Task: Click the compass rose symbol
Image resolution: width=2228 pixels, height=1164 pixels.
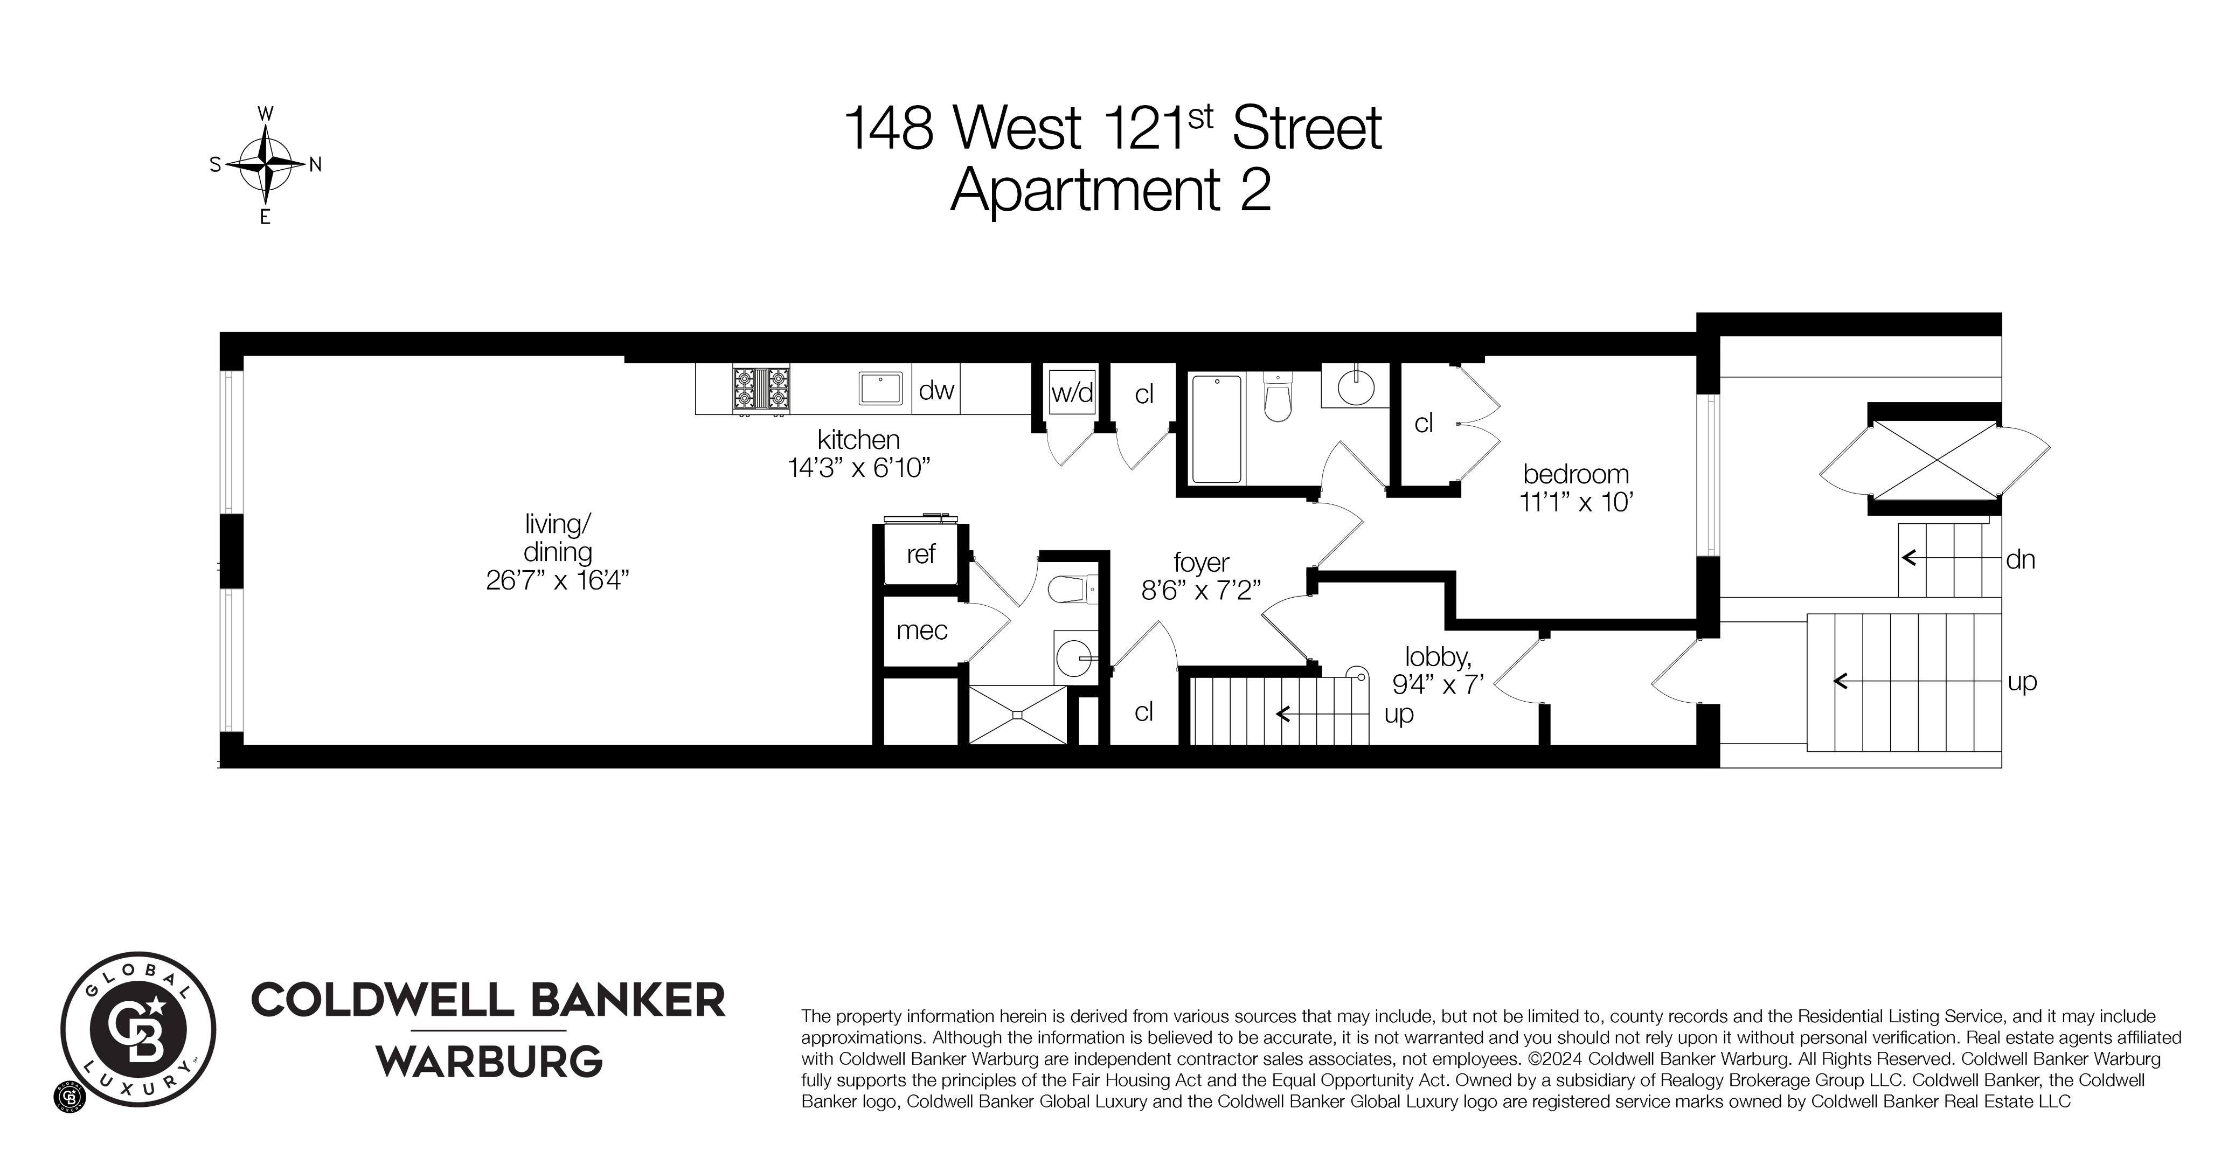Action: [x=265, y=164]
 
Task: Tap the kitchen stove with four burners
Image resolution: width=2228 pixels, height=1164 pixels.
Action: [x=761, y=389]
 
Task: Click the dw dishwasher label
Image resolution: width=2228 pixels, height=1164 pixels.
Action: [x=936, y=391]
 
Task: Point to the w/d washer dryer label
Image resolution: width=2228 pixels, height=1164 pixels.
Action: [x=1072, y=393]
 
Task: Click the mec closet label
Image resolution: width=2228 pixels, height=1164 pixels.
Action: [x=922, y=630]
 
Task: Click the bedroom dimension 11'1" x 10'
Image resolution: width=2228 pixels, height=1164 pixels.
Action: [x=1576, y=502]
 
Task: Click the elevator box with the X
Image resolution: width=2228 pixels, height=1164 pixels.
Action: [x=1934, y=459]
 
